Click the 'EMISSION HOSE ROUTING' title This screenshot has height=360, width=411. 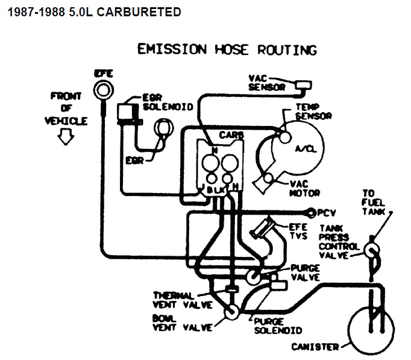(227, 50)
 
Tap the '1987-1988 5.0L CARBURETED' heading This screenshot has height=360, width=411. (91, 11)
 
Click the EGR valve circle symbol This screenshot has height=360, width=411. (163, 128)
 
